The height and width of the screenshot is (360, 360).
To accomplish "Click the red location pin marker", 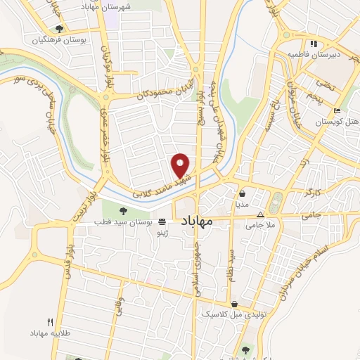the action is [x=181, y=165].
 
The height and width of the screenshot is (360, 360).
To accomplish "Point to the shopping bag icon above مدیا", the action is [x=242, y=193].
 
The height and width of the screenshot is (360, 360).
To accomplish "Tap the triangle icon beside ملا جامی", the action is [x=261, y=214].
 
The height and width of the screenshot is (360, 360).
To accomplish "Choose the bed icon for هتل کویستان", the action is [x=337, y=111].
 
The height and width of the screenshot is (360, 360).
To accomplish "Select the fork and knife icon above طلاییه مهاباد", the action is [x=49, y=321].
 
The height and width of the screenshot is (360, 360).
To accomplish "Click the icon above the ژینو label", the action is [x=162, y=221].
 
